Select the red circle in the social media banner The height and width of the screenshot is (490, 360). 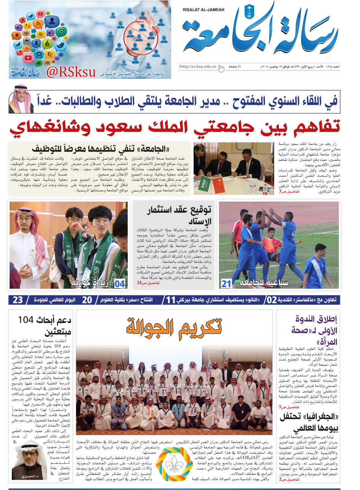click(141, 37)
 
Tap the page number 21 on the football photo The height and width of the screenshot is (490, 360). click(227, 283)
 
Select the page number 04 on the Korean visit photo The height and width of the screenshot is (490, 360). click(120, 283)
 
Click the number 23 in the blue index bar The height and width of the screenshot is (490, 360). click(18, 300)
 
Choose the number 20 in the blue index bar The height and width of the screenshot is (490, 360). click(87, 300)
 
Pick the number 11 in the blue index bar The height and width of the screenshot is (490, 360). click(170, 300)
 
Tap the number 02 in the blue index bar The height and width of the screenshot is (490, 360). click(271, 300)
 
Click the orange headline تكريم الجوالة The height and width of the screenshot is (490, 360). click(174, 327)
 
